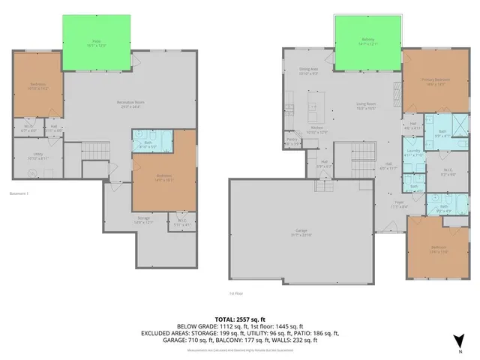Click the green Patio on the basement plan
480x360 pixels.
pyautogui.click(x=96, y=43)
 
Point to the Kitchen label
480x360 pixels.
pyautogui.click(x=318, y=130)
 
